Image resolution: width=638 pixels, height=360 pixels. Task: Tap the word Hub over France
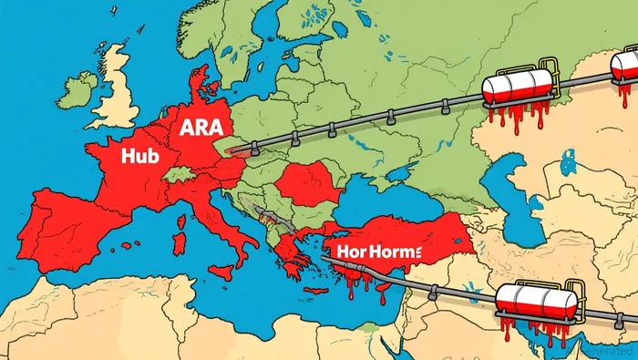140,156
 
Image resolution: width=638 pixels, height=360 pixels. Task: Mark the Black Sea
383,201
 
